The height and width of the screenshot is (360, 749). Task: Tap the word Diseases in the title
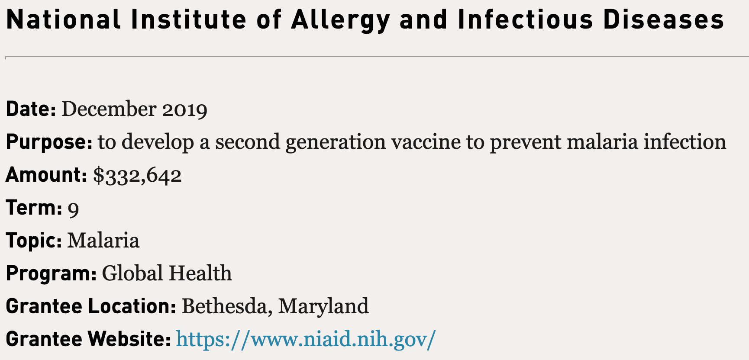click(x=663, y=19)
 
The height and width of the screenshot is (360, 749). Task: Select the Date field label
click(x=31, y=109)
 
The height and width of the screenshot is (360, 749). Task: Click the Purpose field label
click(x=49, y=142)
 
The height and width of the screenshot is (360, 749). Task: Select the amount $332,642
click(x=137, y=175)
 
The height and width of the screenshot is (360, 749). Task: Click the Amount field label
click(x=46, y=175)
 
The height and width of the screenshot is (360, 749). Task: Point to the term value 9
click(x=74, y=209)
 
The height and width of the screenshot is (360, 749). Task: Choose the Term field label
click(x=34, y=208)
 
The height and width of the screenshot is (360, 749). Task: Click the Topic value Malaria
click(x=103, y=241)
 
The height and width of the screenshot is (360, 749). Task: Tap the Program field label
click(x=51, y=273)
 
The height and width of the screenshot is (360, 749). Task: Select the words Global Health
click(x=167, y=273)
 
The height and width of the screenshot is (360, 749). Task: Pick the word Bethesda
click(x=227, y=307)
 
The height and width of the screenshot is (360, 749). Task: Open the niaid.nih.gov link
click(x=306, y=339)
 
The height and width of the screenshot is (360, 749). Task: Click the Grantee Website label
click(x=88, y=339)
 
